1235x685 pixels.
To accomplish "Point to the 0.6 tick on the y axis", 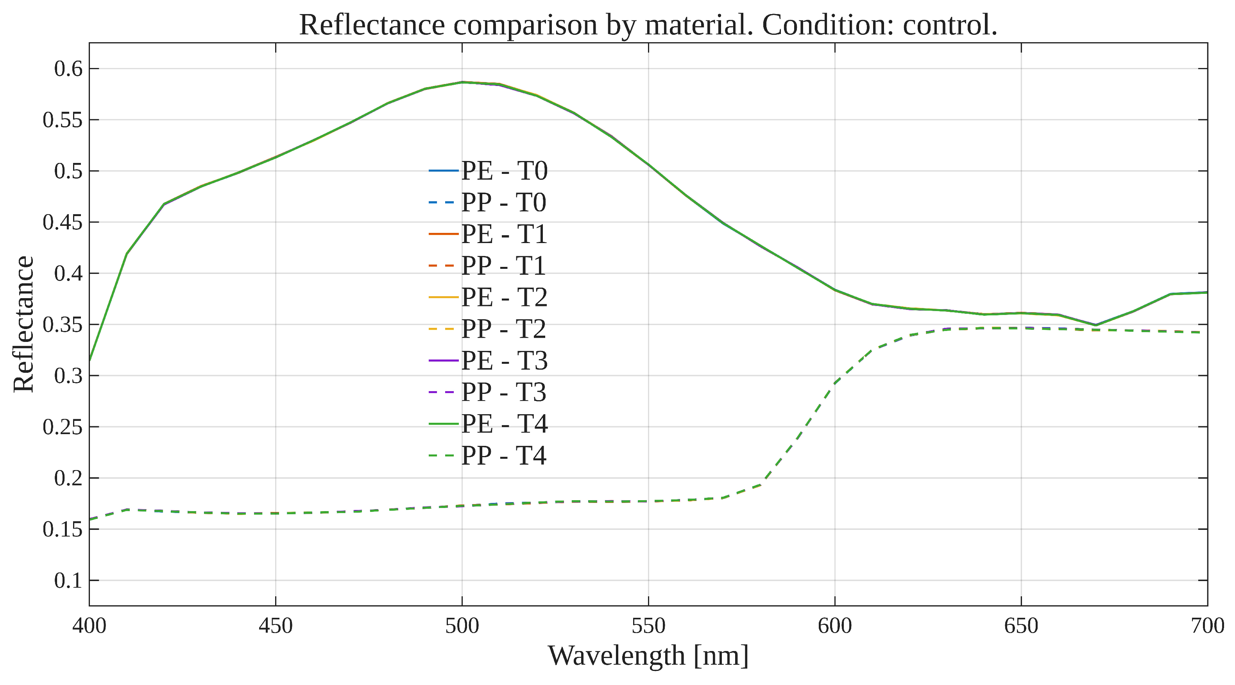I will click(68, 68).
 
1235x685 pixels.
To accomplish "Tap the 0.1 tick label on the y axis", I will click(68, 581).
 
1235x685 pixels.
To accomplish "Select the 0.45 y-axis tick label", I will click(62, 222).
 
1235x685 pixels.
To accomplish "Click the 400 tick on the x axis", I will click(89, 626).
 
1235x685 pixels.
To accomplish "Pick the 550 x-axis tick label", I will click(648, 626).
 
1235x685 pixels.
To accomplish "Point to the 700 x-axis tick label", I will click(1207, 626).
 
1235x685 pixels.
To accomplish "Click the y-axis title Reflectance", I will click(23, 324).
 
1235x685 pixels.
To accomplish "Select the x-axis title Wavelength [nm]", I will click(648, 656).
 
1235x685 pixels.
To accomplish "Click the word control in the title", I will click(949, 25).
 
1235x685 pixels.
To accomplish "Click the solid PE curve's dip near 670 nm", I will click(1095, 325).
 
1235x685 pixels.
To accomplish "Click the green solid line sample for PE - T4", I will click(444, 424).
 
